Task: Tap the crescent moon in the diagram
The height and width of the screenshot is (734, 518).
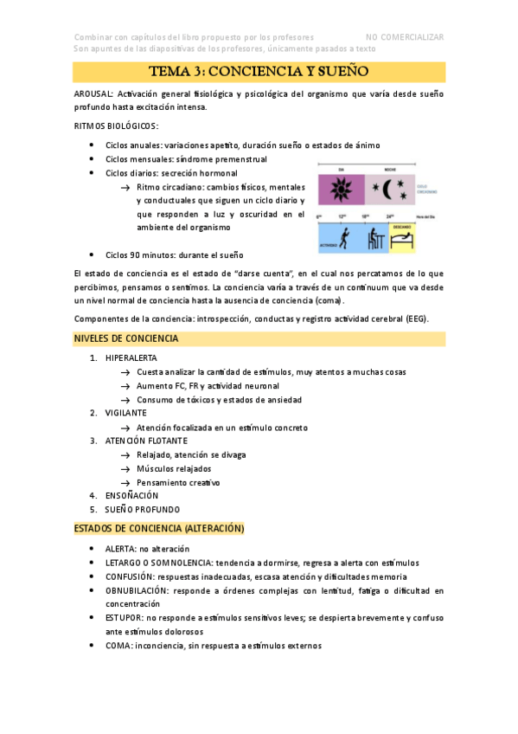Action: [382, 189]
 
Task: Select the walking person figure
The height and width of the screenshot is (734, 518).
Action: [343, 238]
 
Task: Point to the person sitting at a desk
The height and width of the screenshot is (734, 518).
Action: [377, 238]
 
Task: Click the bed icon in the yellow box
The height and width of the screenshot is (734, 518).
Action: [406, 240]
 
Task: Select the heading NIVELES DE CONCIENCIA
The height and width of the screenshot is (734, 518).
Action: [126, 338]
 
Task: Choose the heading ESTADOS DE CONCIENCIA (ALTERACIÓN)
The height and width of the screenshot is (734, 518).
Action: [159, 528]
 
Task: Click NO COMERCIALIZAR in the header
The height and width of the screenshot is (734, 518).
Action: [405, 37]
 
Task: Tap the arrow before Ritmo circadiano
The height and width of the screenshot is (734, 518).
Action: [126, 188]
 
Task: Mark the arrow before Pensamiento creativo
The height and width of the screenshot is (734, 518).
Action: [126, 482]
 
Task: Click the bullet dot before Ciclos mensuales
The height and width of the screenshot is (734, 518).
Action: [92, 160]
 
